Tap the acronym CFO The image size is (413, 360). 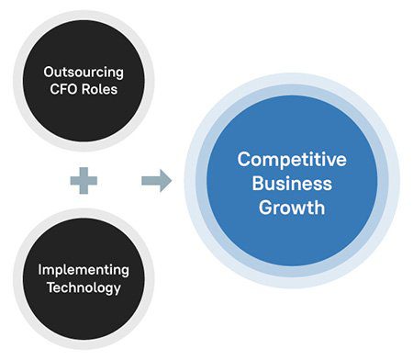65,90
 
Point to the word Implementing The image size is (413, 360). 84,269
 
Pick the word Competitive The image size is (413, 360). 292,159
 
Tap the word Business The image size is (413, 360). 292,183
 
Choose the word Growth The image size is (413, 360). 292,208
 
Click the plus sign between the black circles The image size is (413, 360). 84,180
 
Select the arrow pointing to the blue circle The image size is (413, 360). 156,180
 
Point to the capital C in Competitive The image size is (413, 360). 243,159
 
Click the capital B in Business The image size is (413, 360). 257,183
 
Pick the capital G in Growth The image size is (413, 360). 265,208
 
